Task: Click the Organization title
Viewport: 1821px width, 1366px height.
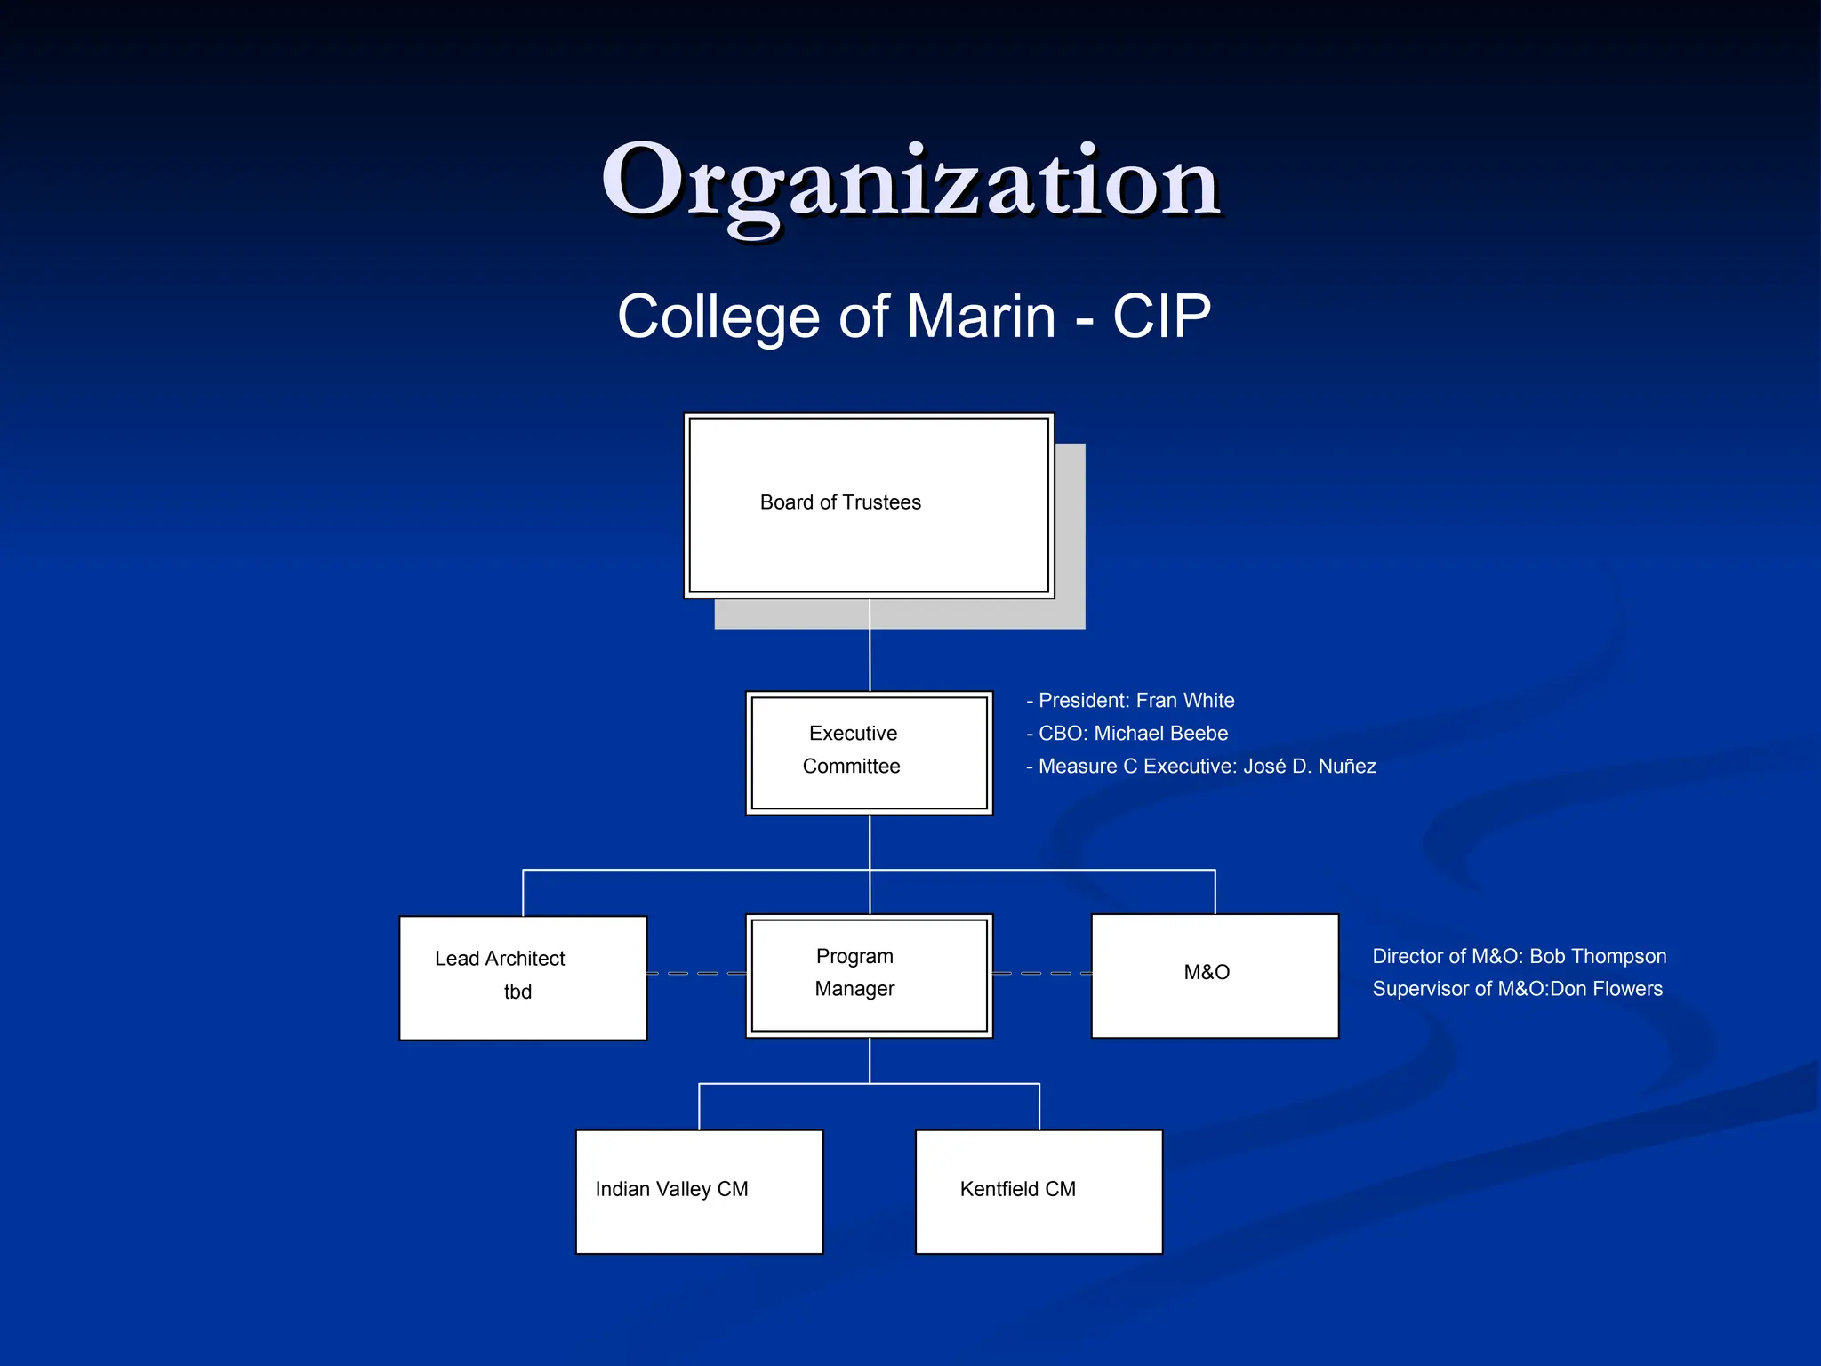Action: tap(910, 181)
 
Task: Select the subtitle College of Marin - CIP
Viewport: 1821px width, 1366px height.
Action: tap(914, 317)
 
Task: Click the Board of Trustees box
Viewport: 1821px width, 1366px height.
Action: tap(869, 505)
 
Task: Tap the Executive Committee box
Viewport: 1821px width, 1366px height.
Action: tap(869, 752)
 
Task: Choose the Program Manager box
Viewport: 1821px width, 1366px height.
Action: tap(869, 975)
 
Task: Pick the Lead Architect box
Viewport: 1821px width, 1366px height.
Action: tap(523, 976)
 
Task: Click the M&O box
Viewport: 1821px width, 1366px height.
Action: tap(1215, 975)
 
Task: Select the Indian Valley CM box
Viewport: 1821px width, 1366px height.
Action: tap(699, 1191)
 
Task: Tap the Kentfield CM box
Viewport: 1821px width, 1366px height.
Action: tap(1039, 1191)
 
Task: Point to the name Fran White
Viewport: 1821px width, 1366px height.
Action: tap(1185, 701)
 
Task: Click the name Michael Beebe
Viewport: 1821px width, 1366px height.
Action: tap(1160, 734)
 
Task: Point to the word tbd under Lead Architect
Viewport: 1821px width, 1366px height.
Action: tap(517, 992)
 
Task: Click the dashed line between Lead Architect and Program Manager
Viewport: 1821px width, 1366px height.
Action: tap(695, 974)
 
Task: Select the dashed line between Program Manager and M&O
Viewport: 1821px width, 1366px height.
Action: tap(1041, 974)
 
